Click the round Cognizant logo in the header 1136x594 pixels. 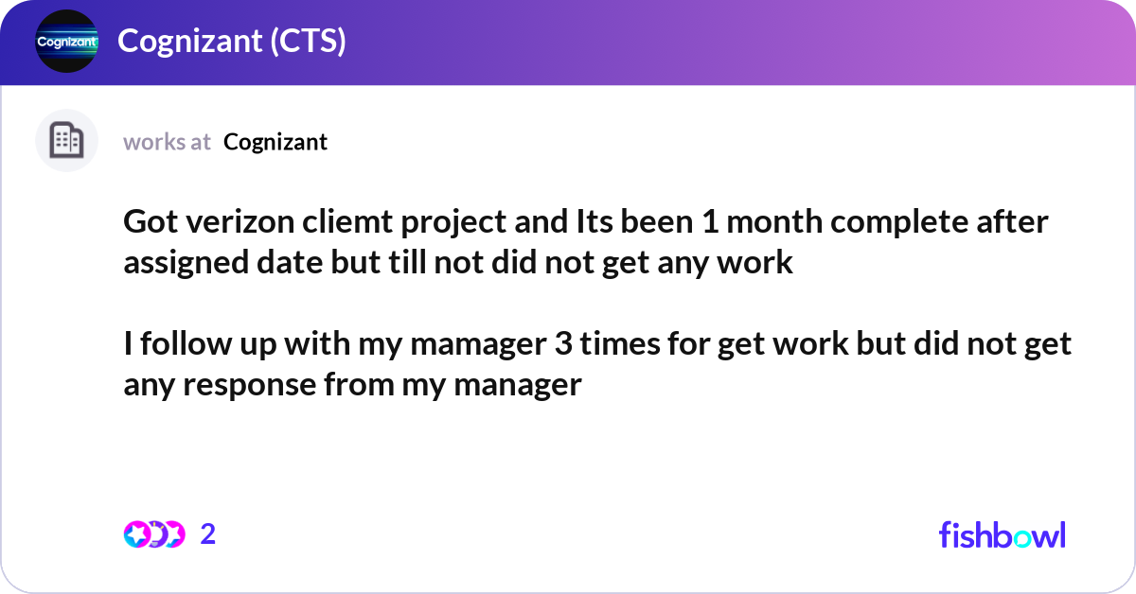pos(66,42)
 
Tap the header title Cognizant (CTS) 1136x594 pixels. pos(231,42)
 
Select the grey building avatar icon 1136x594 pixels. pos(66,141)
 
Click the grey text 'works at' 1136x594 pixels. pos(167,142)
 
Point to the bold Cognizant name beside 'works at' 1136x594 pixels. pos(275,142)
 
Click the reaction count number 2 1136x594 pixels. pos(208,534)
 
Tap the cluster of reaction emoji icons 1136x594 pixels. pos(153,534)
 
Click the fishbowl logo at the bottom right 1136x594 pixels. pos(1002,534)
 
